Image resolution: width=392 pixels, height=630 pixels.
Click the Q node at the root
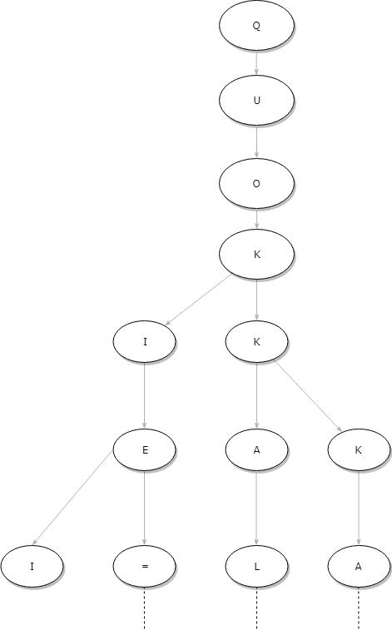pos(256,25)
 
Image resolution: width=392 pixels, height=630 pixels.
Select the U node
pos(256,100)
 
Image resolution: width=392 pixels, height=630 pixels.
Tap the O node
pos(256,184)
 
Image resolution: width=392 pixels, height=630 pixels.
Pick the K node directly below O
pos(256,254)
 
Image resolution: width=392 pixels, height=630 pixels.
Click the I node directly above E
pos(145,342)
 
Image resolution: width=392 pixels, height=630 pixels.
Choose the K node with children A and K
pos(256,342)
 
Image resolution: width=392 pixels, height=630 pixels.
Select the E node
pos(145,449)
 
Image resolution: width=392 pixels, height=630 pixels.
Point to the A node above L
pos(256,449)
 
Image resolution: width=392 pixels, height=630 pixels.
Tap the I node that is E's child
pos(32,567)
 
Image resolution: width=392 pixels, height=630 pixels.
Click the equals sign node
pos(145,567)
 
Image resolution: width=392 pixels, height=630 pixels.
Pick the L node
pos(256,567)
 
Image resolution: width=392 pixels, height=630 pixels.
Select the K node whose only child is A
pos(359,449)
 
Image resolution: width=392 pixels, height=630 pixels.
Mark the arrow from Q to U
pos(256,62)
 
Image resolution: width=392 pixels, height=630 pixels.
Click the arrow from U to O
pos(256,141)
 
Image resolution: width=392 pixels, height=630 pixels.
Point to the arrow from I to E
pos(145,396)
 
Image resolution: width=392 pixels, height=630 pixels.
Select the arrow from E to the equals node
pos(145,508)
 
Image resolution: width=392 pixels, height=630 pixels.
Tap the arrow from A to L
pos(256,508)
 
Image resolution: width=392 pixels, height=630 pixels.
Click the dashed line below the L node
pos(256,608)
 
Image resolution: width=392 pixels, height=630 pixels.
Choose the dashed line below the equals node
pos(145,608)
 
